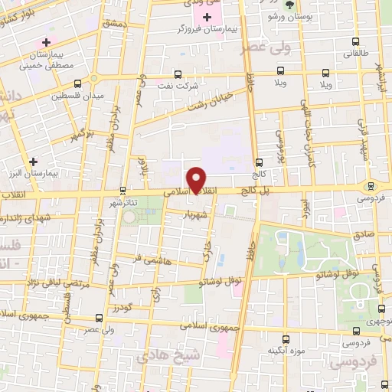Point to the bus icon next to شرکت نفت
coord(178,75)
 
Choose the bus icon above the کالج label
coord(258,162)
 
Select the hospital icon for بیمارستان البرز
coord(33,162)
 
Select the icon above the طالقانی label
coord(354,42)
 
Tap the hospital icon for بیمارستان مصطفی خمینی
coord(47,41)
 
